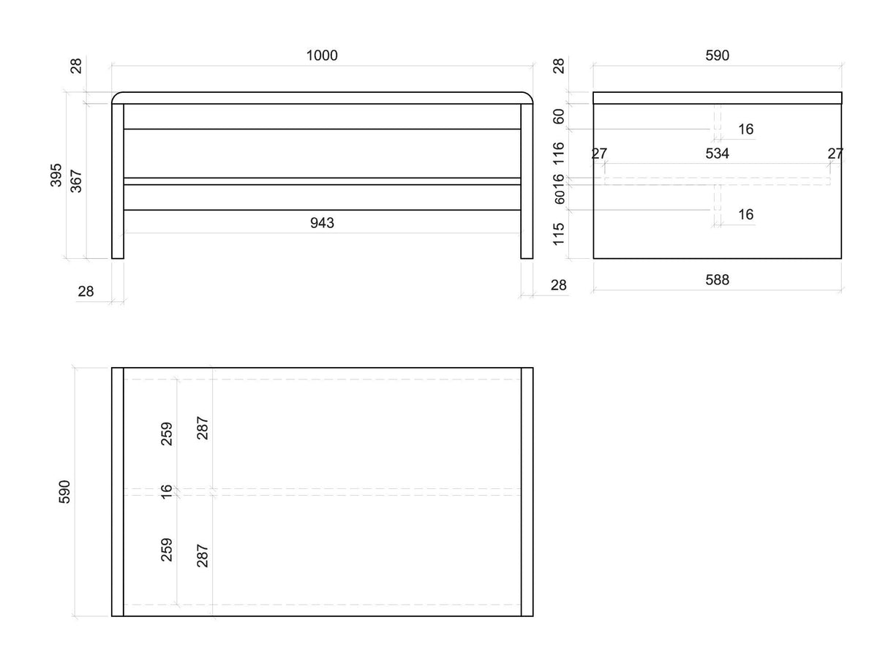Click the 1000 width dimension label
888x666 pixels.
[x=322, y=56]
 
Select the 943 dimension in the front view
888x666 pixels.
[x=322, y=223]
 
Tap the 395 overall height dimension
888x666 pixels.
[x=56, y=175]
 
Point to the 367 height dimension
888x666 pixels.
[x=76, y=181]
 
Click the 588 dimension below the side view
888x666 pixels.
[x=717, y=280]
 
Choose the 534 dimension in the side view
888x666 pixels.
[x=717, y=154]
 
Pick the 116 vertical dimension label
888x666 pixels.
[x=558, y=154]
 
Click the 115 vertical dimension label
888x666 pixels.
[x=558, y=234]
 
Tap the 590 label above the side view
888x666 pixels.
[x=717, y=56]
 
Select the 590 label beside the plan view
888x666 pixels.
[x=64, y=492]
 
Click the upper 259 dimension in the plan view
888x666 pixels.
[x=166, y=434]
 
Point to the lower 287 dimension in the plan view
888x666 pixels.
[x=202, y=556]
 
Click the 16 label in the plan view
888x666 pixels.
[x=166, y=492]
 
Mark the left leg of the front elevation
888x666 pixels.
[x=118, y=181]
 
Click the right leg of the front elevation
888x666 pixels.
[x=527, y=181]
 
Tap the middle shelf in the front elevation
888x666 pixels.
[x=322, y=181]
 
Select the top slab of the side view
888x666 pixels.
[x=717, y=98]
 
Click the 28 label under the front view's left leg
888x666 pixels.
[x=86, y=292]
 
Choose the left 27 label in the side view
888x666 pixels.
[x=599, y=154]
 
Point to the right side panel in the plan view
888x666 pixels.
[x=527, y=492]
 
